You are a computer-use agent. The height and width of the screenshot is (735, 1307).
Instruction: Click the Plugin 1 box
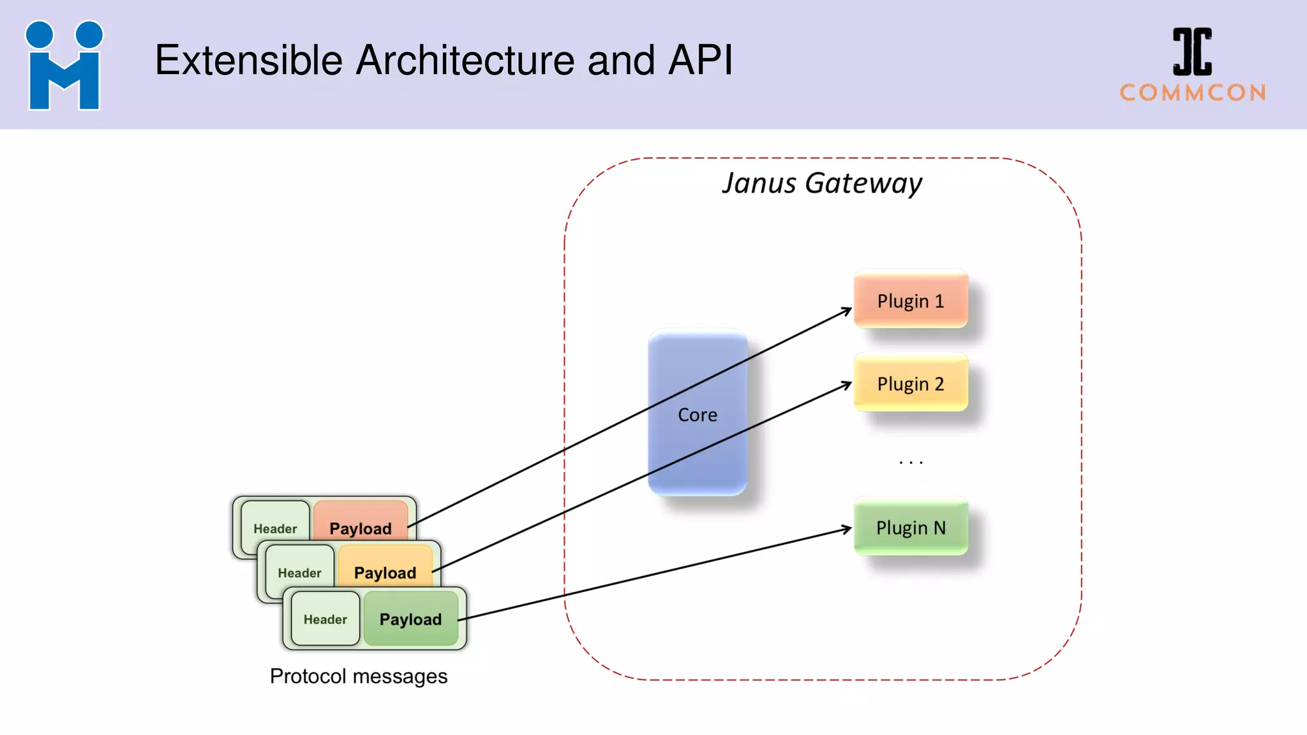coord(911,300)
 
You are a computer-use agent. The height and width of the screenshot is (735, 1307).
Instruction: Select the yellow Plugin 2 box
coord(911,383)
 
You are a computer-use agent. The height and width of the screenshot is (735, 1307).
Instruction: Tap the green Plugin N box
coord(911,527)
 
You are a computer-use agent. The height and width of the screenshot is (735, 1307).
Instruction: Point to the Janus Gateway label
coord(822,183)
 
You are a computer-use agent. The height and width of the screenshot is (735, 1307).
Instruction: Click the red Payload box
coord(361,520)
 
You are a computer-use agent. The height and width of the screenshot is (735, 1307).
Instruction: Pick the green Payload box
coord(410,619)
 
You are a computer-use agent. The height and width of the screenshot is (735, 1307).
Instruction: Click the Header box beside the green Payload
coord(325,619)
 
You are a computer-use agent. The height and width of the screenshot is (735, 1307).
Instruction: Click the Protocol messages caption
coord(359,676)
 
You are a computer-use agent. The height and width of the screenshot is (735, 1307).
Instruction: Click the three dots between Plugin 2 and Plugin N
coord(911,462)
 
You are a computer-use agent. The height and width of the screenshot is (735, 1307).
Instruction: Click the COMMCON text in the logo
coord(1193,93)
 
